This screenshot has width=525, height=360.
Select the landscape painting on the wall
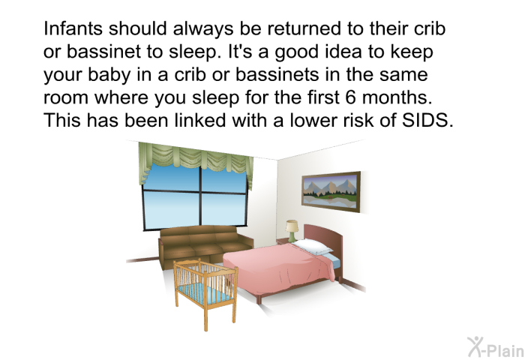[x=330, y=189]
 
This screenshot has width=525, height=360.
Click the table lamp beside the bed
[x=292, y=229]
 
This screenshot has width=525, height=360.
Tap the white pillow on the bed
[x=313, y=247]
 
